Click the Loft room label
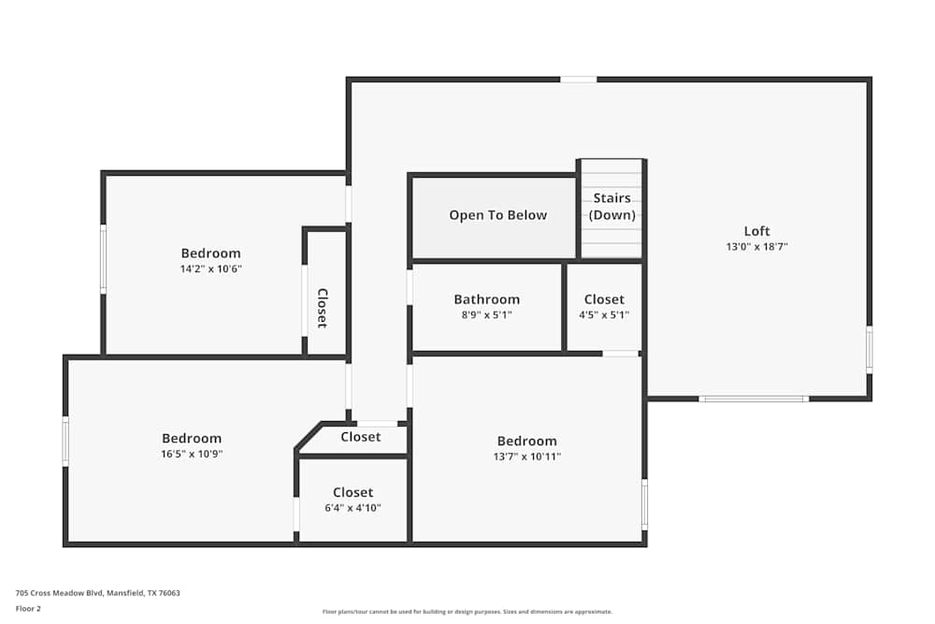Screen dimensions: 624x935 [x=757, y=231]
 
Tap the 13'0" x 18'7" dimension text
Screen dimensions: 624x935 [x=757, y=247]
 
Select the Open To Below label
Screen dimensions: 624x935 [x=497, y=215]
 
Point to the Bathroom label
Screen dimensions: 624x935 [x=486, y=299]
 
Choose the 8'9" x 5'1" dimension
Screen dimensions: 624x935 [x=486, y=315]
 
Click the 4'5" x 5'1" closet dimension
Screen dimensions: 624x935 [x=604, y=315]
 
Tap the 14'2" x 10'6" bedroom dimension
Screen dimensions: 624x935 [x=210, y=268]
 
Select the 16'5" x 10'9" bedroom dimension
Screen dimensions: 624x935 [x=192, y=454]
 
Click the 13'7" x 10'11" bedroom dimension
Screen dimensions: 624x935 [x=526, y=457]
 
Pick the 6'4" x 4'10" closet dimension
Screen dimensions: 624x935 [x=352, y=508]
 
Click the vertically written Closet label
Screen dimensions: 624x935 [x=322, y=308]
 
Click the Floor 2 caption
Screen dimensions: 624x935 [x=28, y=608]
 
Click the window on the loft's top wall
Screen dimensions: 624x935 [x=578, y=80]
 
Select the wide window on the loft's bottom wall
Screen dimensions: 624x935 [x=754, y=399]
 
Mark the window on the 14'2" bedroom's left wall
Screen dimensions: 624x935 [x=103, y=259]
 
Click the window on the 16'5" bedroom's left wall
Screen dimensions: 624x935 [x=65, y=441]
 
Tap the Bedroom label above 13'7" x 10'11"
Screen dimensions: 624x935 [x=526, y=441]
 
